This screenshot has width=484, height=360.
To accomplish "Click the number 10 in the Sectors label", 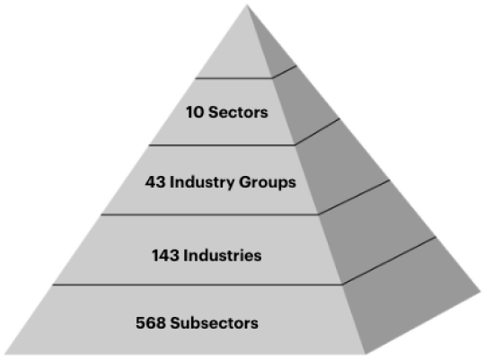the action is click(195, 112).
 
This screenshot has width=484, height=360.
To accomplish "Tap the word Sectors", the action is click(238, 112).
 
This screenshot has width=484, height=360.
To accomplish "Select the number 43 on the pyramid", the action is click(155, 182).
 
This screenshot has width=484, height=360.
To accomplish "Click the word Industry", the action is click(202, 182).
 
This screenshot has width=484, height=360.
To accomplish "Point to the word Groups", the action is click(268, 182).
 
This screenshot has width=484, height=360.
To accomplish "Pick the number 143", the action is click(165, 256).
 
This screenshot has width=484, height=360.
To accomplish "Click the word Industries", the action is click(223, 256).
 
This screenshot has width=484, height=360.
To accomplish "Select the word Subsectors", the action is click(215, 323).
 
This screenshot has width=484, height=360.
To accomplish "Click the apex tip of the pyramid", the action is click(247, 4).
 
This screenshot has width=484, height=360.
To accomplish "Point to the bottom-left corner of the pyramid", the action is click(4, 354).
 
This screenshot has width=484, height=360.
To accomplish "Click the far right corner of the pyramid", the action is click(480, 292).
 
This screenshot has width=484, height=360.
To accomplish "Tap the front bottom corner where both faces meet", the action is click(366, 354).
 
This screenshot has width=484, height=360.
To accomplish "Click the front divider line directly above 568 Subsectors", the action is click(198, 285).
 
